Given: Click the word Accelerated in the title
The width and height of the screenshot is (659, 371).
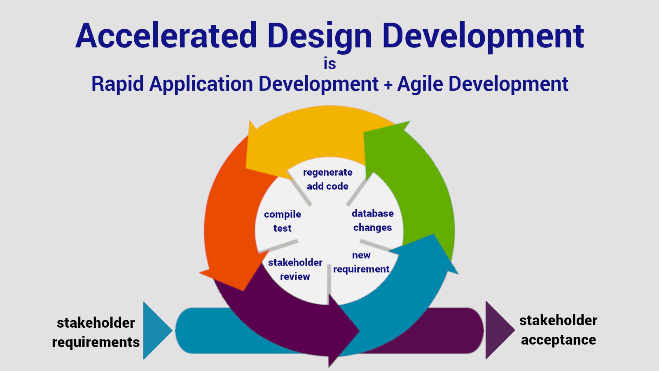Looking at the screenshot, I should (166, 36).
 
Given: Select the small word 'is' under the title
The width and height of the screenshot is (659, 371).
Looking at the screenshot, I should (329, 64).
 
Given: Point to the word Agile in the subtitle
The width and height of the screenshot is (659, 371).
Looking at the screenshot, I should (420, 85).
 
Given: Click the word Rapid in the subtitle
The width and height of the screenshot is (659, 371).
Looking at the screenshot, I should (117, 85).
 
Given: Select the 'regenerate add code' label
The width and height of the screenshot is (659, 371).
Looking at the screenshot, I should (328, 179).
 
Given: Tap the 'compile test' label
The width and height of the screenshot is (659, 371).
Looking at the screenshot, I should (283, 221).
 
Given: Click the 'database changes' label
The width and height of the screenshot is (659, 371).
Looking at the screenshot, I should (373, 221).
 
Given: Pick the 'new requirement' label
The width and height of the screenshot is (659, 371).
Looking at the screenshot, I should (361, 262).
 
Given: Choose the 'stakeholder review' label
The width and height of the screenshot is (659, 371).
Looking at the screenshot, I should (295, 270).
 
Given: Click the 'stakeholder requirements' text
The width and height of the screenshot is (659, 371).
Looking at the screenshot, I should (96, 332).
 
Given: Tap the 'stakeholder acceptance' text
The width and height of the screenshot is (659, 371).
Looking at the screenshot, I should (558, 330).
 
